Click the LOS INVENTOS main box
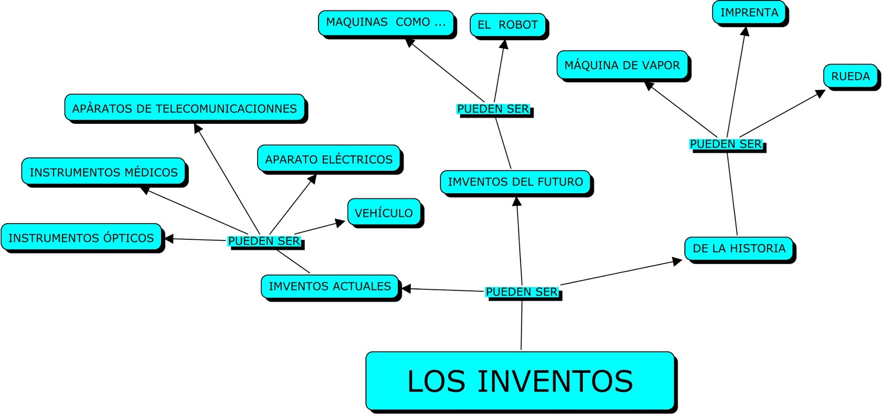pyautogui.click(x=520, y=381)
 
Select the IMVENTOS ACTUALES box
pyautogui.click(x=329, y=287)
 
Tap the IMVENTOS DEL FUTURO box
pyautogui.click(x=515, y=182)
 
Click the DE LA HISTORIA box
pyautogui.click(x=739, y=249)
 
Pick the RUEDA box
pyautogui.click(x=850, y=76)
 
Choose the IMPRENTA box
pyautogui.click(x=749, y=13)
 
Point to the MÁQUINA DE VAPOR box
pyautogui.click(x=622, y=65)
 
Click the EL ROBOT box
pyautogui.click(x=507, y=25)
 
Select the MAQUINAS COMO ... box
pyautogui.click(x=386, y=23)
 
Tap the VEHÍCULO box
pyautogui.click(x=384, y=213)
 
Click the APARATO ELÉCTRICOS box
pyautogui.click(x=328, y=160)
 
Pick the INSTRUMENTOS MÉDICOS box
pyautogui.click(x=103, y=172)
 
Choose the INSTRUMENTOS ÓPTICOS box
pyautogui.click(x=81, y=238)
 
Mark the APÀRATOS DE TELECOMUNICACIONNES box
pyautogui.click(x=184, y=108)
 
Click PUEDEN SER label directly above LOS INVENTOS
pyautogui.click(x=522, y=292)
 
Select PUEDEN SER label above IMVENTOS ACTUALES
pyautogui.click(x=264, y=241)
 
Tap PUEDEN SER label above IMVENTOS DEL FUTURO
pyautogui.click(x=493, y=109)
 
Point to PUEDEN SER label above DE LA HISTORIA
pyautogui.click(x=726, y=144)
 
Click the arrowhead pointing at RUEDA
pyautogui.click(x=821, y=93)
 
